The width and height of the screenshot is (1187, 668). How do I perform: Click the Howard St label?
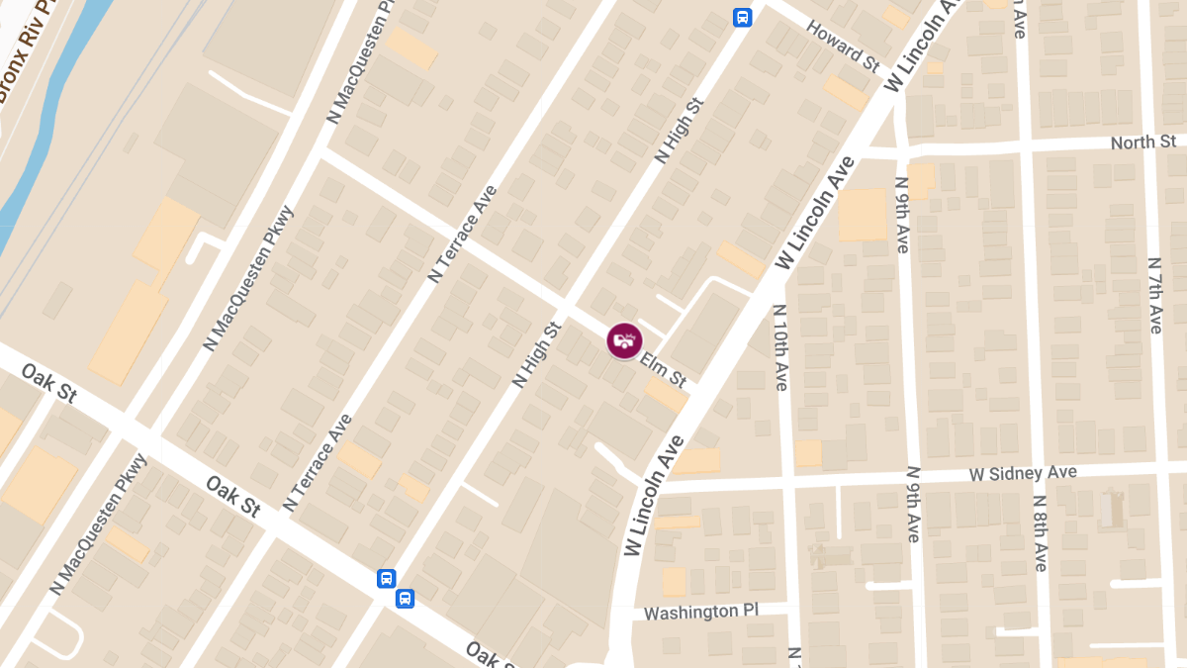844,46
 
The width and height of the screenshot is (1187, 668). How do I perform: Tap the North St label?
1142,143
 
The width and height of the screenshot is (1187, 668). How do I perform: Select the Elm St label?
663,370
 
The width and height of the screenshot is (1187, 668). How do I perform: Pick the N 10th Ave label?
779,346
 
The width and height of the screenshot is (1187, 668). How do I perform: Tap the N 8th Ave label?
1040,532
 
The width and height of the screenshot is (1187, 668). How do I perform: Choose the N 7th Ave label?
1153,295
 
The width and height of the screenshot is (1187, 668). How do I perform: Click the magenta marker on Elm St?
622,341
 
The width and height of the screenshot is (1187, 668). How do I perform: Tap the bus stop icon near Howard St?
742,17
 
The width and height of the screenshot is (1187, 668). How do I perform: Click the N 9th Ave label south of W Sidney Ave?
913,505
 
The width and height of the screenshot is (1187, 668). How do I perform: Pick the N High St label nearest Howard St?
679,130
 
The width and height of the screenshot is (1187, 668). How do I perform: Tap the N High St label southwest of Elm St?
536,353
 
